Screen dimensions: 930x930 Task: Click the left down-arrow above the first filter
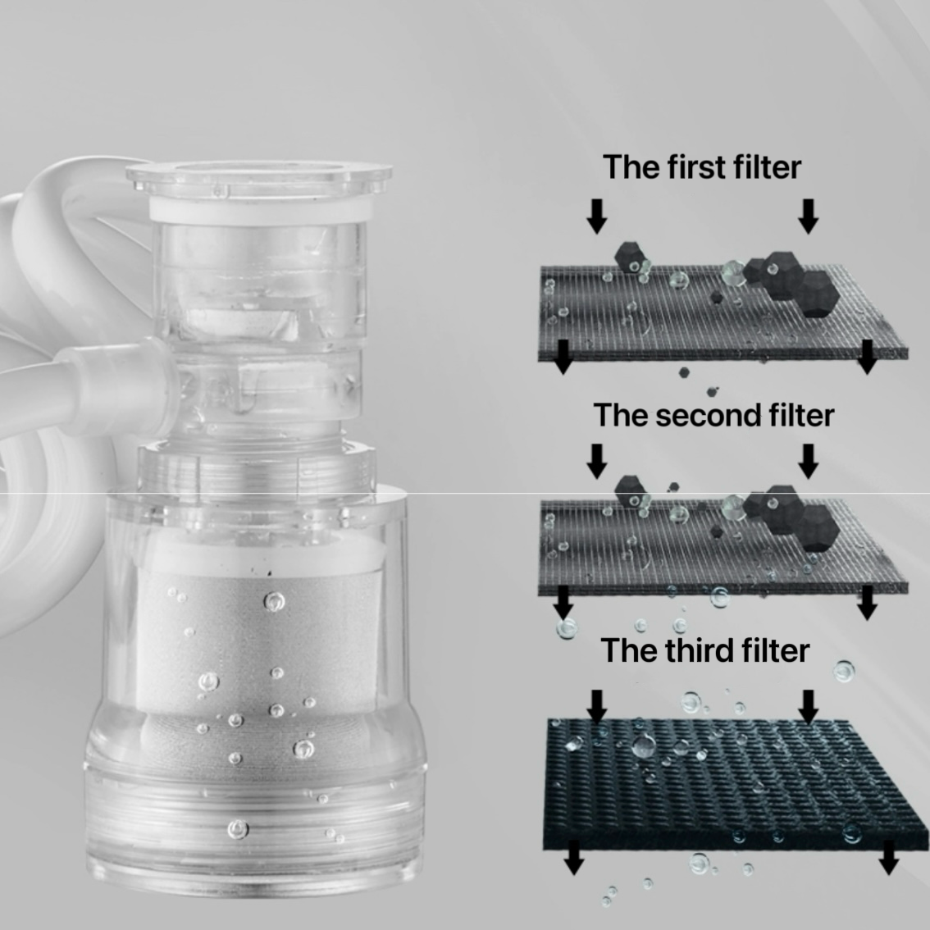click(x=597, y=216)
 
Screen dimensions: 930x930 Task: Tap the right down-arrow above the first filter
click(x=808, y=216)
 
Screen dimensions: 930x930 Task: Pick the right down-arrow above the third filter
click(x=808, y=707)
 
